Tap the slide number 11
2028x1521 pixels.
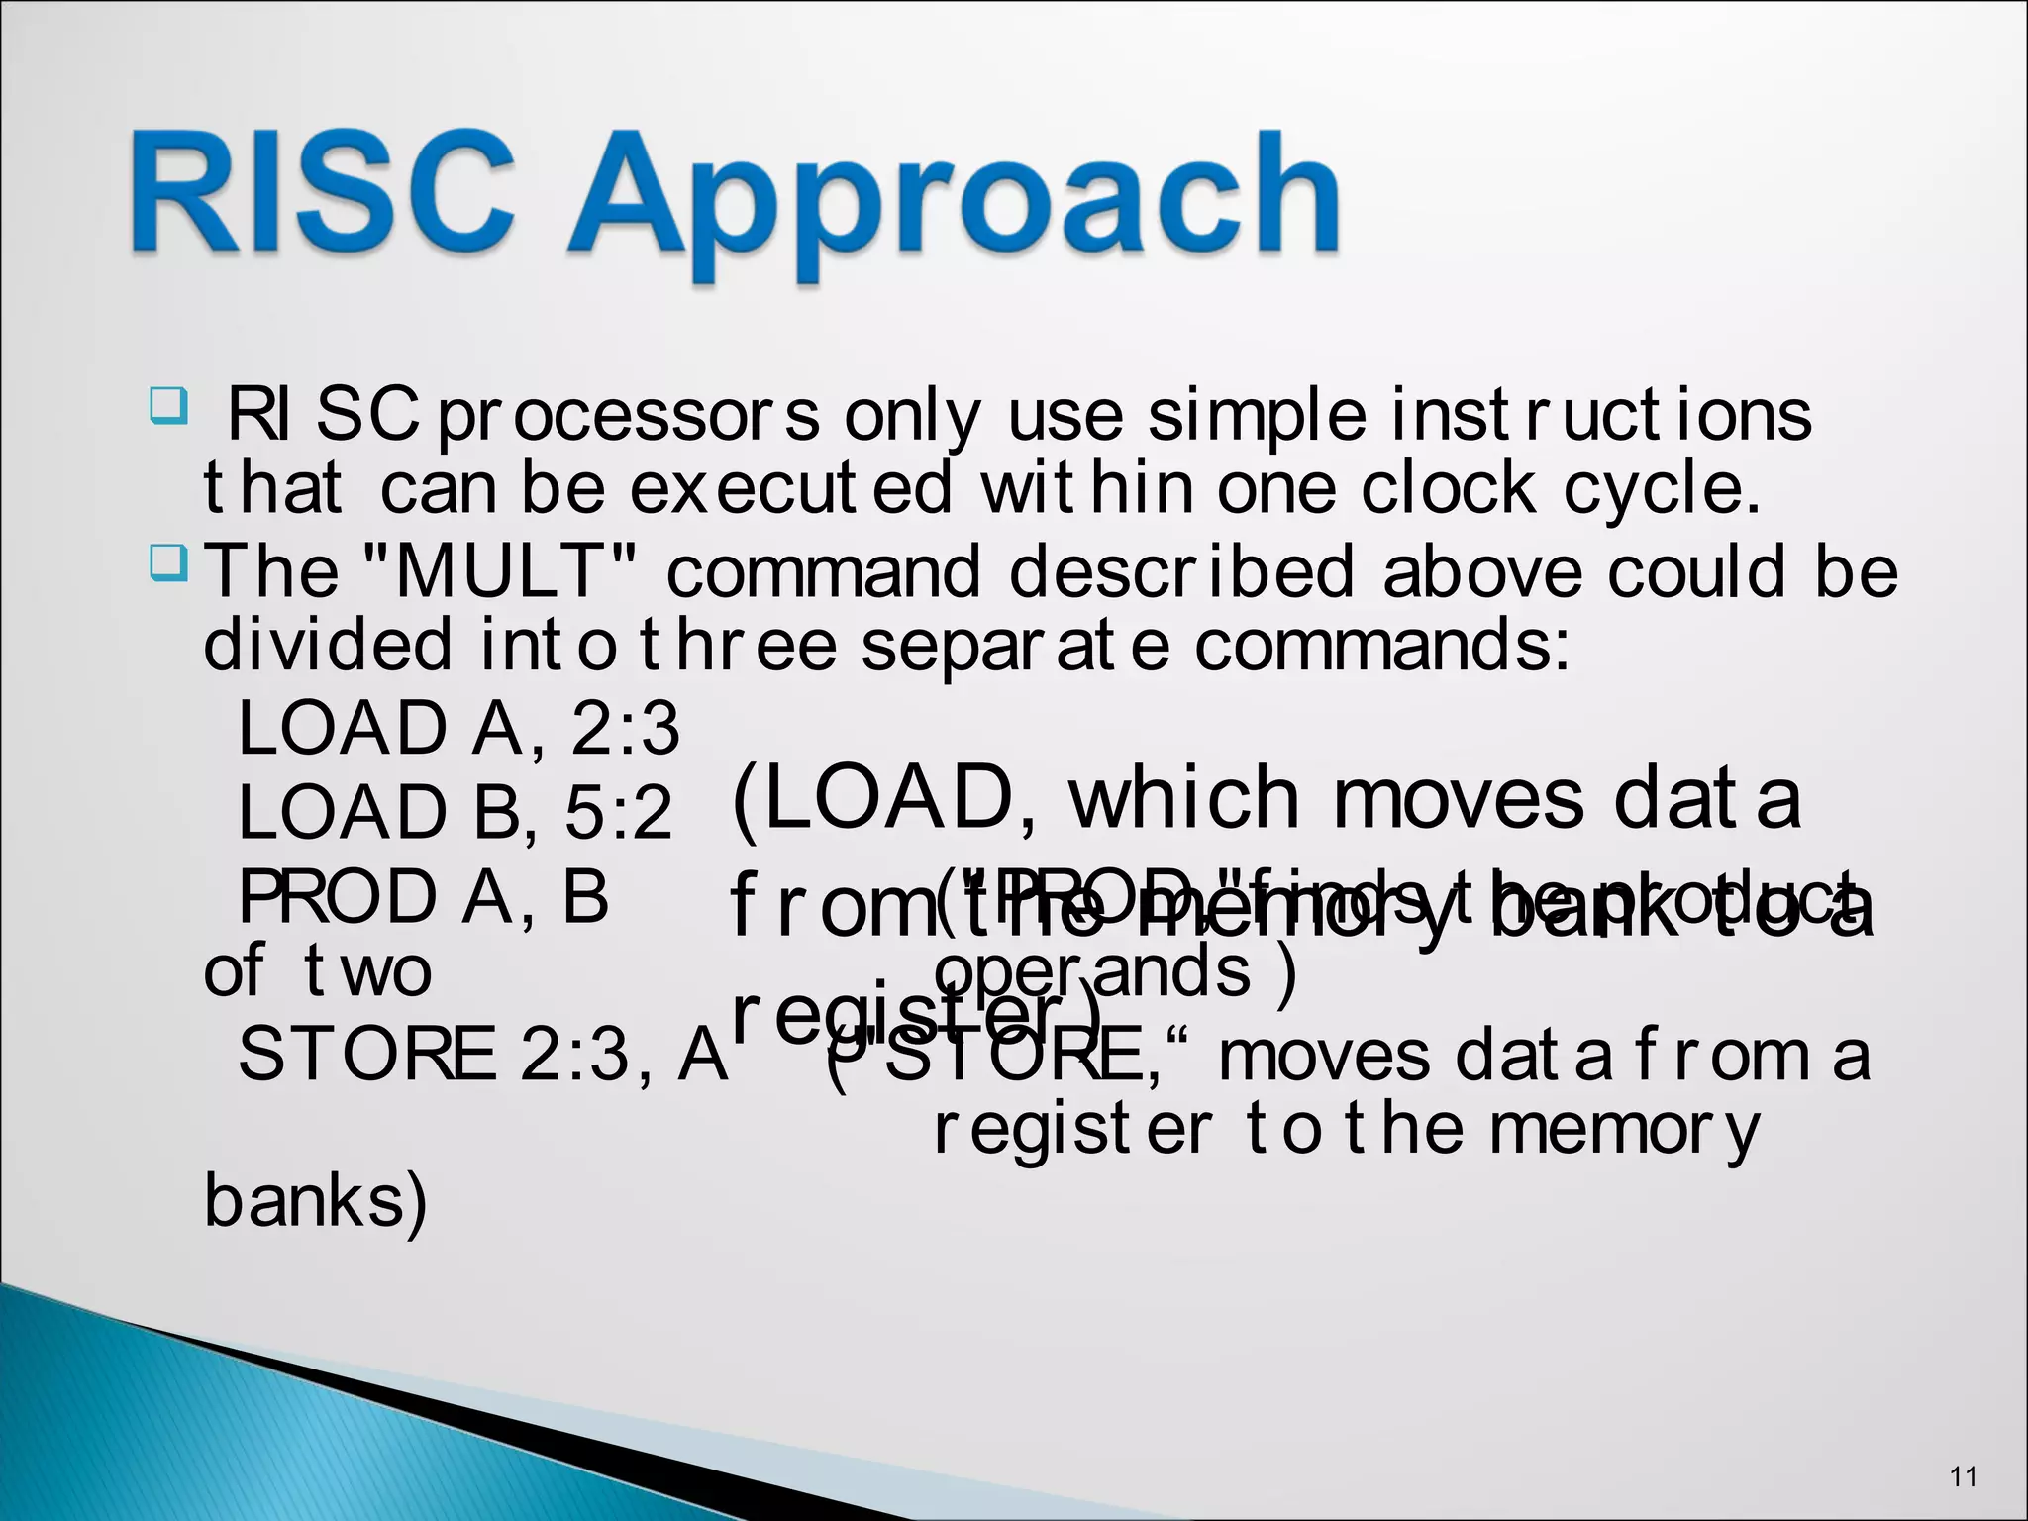click(x=1963, y=1477)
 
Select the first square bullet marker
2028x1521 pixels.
click(x=167, y=405)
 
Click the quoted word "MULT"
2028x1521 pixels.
click(x=500, y=571)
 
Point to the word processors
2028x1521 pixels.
click(x=628, y=417)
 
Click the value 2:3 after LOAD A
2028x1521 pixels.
click(x=625, y=729)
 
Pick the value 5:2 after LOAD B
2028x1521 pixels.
click(x=618, y=813)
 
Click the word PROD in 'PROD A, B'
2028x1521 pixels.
click(x=338, y=897)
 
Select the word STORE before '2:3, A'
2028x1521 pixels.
click(x=366, y=1056)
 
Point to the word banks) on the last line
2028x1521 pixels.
click(x=315, y=1202)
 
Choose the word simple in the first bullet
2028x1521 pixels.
click(x=1257, y=417)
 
